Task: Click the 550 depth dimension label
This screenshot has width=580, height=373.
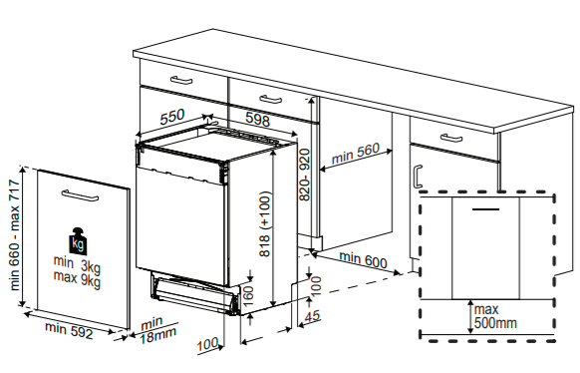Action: point(172,117)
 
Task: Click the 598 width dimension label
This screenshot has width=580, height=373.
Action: point(258,120)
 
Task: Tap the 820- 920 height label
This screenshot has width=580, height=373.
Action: point(304,175)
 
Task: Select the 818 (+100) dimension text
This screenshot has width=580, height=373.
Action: point(265,223)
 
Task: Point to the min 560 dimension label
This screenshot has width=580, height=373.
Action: point(356,154)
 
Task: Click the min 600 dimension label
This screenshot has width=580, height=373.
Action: point(363,259)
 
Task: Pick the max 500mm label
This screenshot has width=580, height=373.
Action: point(495,316)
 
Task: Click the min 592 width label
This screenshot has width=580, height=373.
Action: point(69,330)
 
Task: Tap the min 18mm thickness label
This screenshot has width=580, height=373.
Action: point(157,329)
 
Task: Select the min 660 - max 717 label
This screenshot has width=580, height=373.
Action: point(15,234)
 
